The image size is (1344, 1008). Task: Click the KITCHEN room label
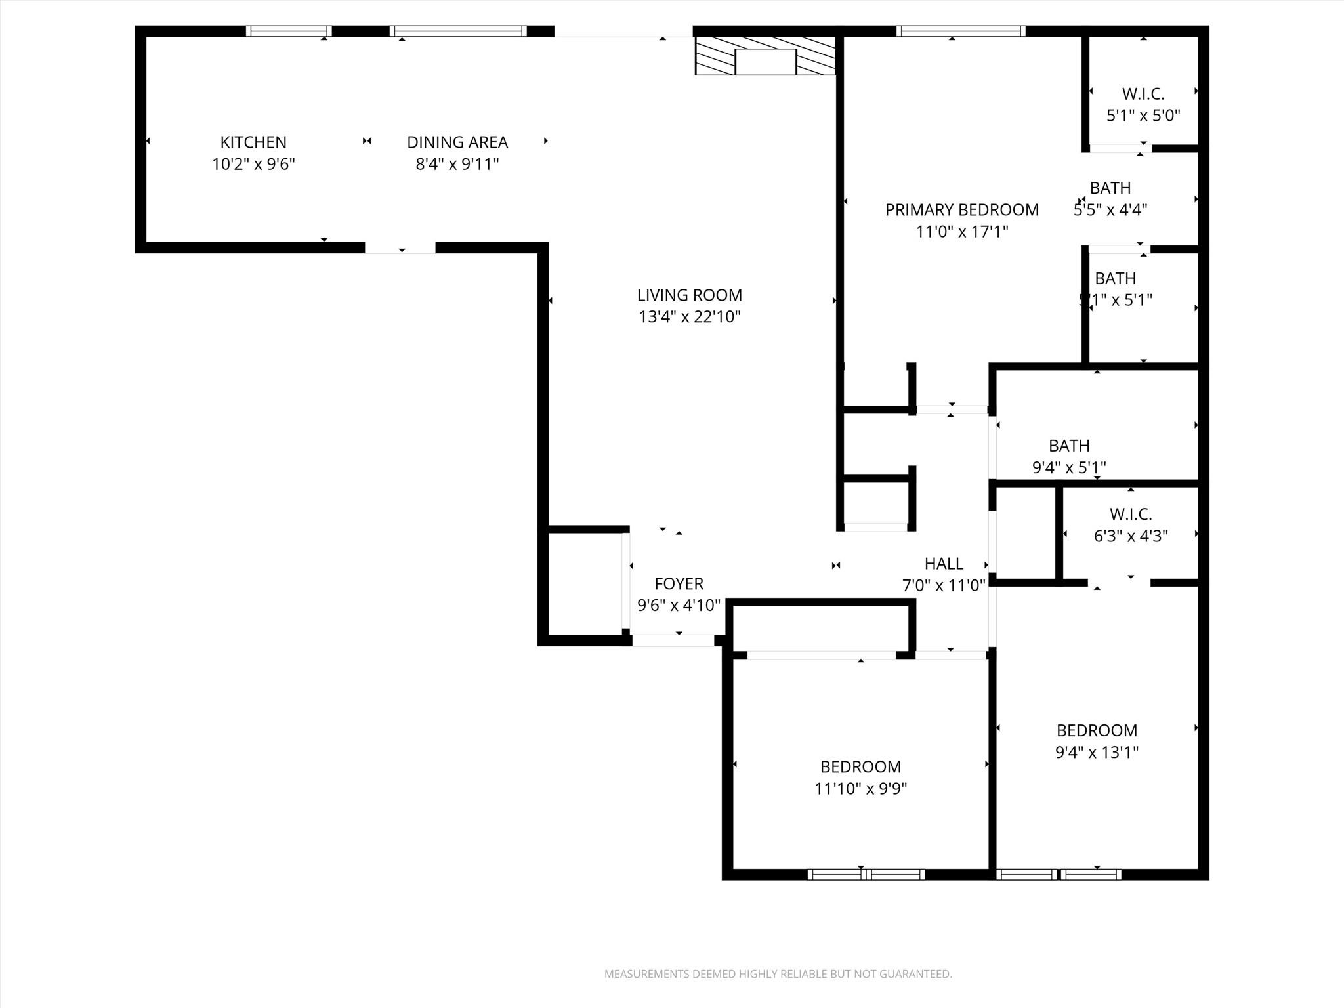coord(253,142)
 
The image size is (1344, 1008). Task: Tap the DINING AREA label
coord(457,142)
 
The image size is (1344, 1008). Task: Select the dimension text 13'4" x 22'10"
coord(690,317)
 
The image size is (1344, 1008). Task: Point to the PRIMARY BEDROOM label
coord(962,210)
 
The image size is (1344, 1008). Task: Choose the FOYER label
coord(679,583)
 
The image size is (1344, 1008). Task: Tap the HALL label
coord(944,563)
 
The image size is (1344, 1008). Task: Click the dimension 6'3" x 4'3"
coord(1131,536)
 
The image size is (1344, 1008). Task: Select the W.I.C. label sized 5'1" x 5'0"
coord(1143,94)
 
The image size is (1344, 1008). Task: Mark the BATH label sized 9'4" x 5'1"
coord(1069,446)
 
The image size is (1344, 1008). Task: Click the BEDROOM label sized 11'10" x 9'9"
coord(860,766)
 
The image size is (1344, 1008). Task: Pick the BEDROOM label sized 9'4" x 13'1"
coord(1097,730)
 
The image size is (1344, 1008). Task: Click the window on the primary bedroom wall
coord(961,31)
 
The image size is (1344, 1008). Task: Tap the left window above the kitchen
coord(289,31)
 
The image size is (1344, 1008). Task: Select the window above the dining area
coord(458,31)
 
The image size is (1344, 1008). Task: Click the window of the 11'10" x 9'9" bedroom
coord(866,874)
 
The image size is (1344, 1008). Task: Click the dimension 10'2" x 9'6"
coord(253,164)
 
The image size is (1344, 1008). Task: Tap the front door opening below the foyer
coord(673,640)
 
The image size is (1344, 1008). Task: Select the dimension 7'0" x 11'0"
coord(944,585)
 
